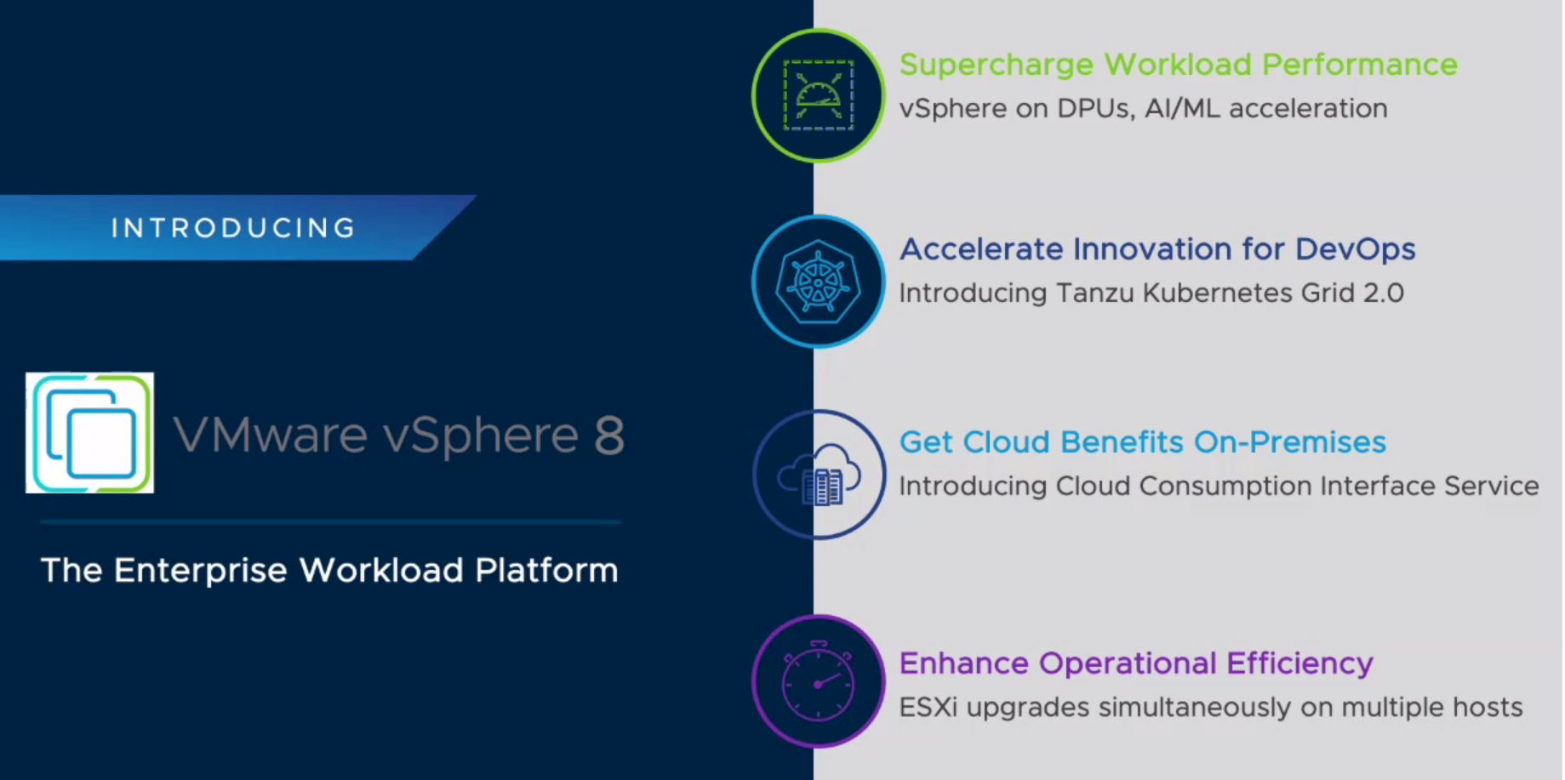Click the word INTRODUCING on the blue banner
click(x=233, y=228)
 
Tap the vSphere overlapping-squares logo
click(x=90, y=433)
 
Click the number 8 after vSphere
click(x=609, y=436)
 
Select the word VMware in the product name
click(x=271, y=436)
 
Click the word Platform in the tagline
click(x=546, y=570)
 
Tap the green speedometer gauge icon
click(x=819, y=95)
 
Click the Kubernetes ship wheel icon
click(x=819, y=282)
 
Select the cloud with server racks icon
click(x=819, y=475)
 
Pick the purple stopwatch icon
click(x=819, y=681)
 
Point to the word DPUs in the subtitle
click(x=1095, y=109)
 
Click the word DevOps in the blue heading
click(x=1355, y=250)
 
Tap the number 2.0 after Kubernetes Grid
click(x=1384, y=293)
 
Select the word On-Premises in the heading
click(x=1290, y=442)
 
